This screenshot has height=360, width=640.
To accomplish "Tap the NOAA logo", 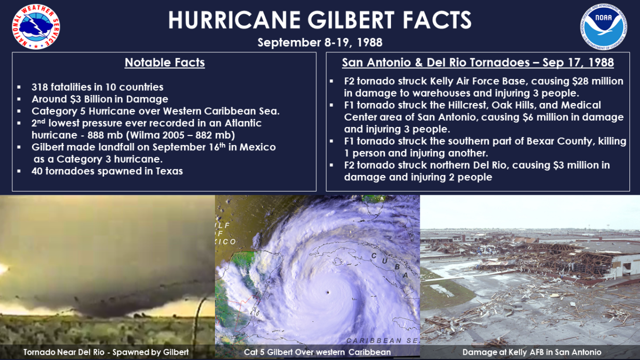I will [604, 26].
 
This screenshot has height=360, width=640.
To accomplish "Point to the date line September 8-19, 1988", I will [320, 42].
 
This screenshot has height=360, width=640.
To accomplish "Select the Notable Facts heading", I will [165, 63].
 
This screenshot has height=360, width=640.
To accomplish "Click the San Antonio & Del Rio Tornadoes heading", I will [478, 63].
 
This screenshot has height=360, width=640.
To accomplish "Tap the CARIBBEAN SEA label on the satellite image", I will [382, 340].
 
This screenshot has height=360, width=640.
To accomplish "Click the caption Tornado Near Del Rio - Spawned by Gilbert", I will [106, 352].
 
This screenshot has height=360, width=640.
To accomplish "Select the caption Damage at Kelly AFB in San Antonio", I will [532, 352].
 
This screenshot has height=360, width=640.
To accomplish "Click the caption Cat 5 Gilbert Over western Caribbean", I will [317, 352].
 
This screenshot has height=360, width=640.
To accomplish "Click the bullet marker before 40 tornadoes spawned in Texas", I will [19, 172].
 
